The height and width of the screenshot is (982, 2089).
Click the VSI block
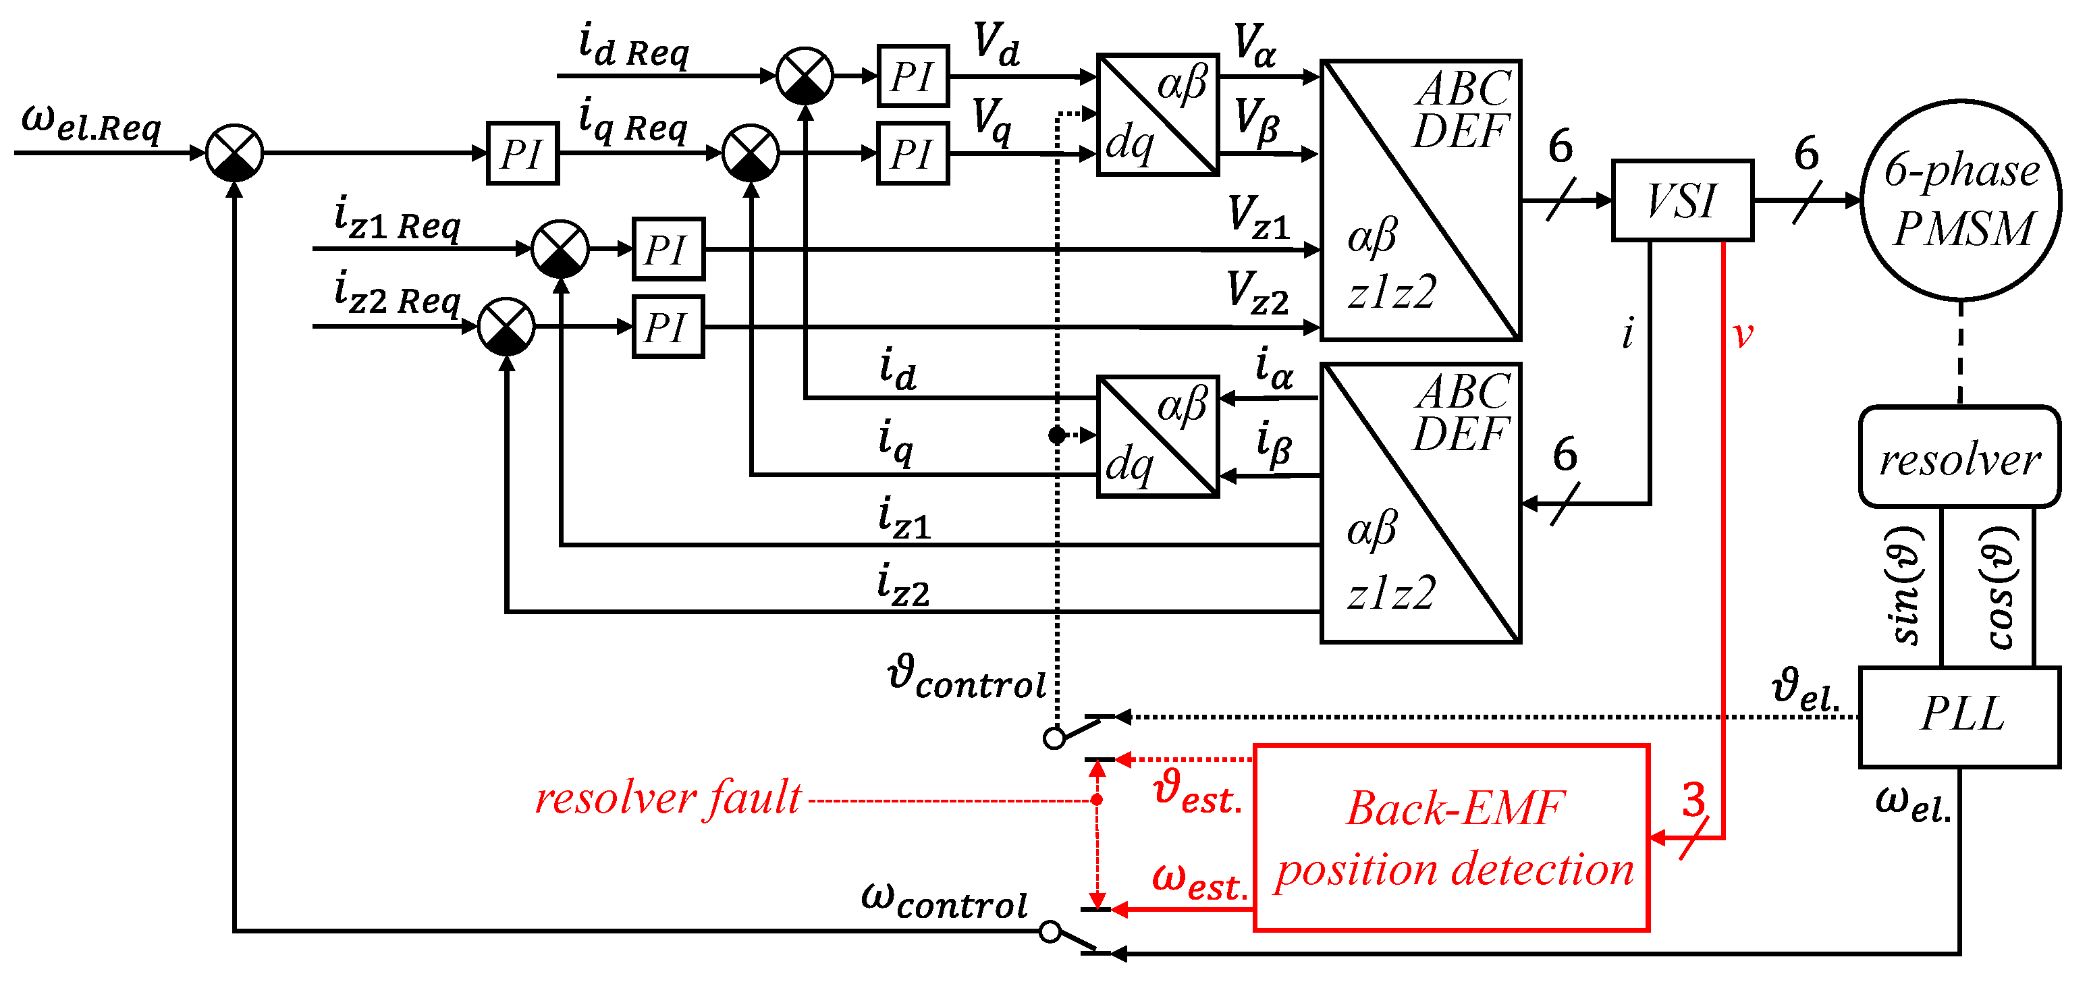pos(1682,200)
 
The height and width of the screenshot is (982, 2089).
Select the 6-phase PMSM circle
pos(1960,200)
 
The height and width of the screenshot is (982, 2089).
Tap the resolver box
pos(1959,458)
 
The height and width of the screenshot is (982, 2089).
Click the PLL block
pos(1959,717)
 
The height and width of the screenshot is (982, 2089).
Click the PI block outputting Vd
pos(913,76)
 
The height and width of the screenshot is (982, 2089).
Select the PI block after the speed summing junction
pos(522,153)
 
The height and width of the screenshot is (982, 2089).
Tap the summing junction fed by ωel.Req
pos(234,153)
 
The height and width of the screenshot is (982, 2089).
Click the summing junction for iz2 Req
pos(506,326)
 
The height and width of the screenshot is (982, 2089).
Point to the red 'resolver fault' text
pos(668,798)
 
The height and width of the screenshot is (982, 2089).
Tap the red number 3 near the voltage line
pos(1693,800)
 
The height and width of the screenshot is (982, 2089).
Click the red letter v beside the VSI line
pos(1742,334)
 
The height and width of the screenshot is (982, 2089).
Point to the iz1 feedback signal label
pos(903,519)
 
